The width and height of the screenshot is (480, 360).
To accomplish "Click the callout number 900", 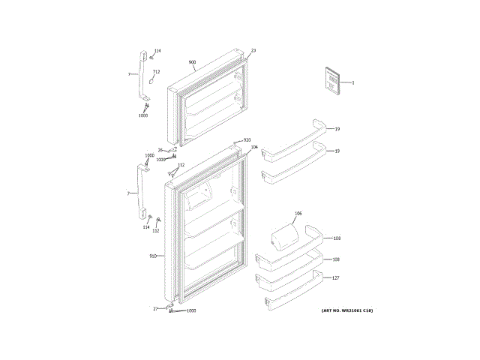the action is pyautogui.click(x=192, y=61).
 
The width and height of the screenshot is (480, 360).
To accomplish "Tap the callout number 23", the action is pyautogui.click(x=253, y=50).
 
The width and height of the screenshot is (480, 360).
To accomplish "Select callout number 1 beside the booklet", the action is pyautogui.click(x=352, y=82).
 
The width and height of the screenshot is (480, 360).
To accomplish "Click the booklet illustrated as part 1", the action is pyautogui.click(x=331, y=79).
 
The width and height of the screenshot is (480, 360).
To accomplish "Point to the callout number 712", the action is pyautogui.click(x=156, y=72).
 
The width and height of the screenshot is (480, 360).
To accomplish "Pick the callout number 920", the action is pyautogui.click(x=247, y=140).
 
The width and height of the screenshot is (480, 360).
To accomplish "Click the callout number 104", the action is pyautogui.click(x=254, y=147).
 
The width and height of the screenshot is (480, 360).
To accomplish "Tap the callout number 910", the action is pyautogui.click(x=152, y=256).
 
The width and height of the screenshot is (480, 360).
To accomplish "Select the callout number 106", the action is pyautogui.click(x=298, y=214).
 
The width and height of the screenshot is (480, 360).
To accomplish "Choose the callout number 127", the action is pyautogui.click(x=336, y=278).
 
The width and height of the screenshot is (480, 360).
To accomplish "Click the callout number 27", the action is pyautogui.click(x=155, y=308).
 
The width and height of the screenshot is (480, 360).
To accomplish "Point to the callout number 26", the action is pyautogui.click(x=160, y=151).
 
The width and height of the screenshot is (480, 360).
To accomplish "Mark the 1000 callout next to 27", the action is pyautogui.click(x=190, y=310).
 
